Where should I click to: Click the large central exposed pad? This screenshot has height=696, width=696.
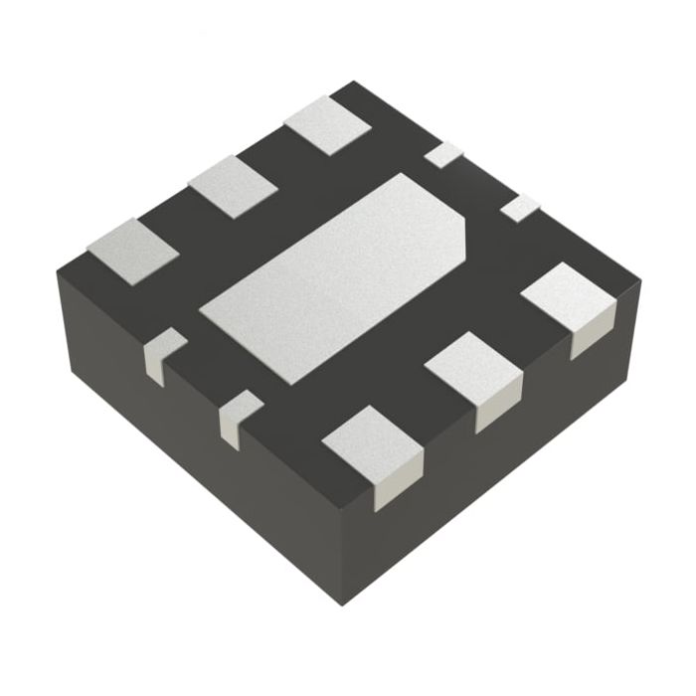coord(338,278)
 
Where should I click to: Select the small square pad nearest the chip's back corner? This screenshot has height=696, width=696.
coord(443,154)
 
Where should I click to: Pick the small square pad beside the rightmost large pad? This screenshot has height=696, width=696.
coord(519,209)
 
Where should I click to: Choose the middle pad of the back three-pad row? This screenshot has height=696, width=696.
coord(234,186)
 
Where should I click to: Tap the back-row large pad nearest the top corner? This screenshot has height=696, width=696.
coord(327,124)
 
